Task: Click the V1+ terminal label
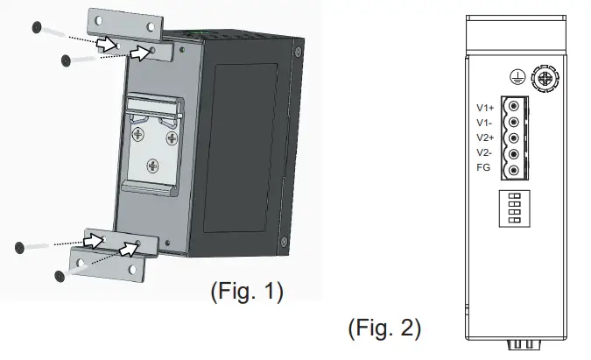pyautogui.click(x=483, y=108)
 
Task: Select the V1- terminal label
pyautogui.click(x=482, y=123)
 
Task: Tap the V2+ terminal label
pyautogui.click(x=483, y=138)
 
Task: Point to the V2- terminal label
pyautogui.click(x=482, y=152)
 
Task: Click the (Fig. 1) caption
pyautogui.click(x=246, y=291)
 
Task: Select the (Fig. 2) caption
pyautogui.click(x=384, y=328)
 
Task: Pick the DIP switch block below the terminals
pyautogui.click(x=515, y=207)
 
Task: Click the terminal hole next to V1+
pyautogui.click(x=514, y=108)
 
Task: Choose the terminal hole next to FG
pyautogui.click(x=514, y=170)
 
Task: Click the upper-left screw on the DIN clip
pyautogui.click(x=138, y=135)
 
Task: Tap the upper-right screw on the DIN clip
pyautogui.click(x=172, y=135)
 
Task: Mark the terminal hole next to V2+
pyautogui.click(x=514, y=138)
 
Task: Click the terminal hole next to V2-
pyautogui.click(x=514, y=154)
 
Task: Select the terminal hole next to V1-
pyautogui.click(x=514, y=123)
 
